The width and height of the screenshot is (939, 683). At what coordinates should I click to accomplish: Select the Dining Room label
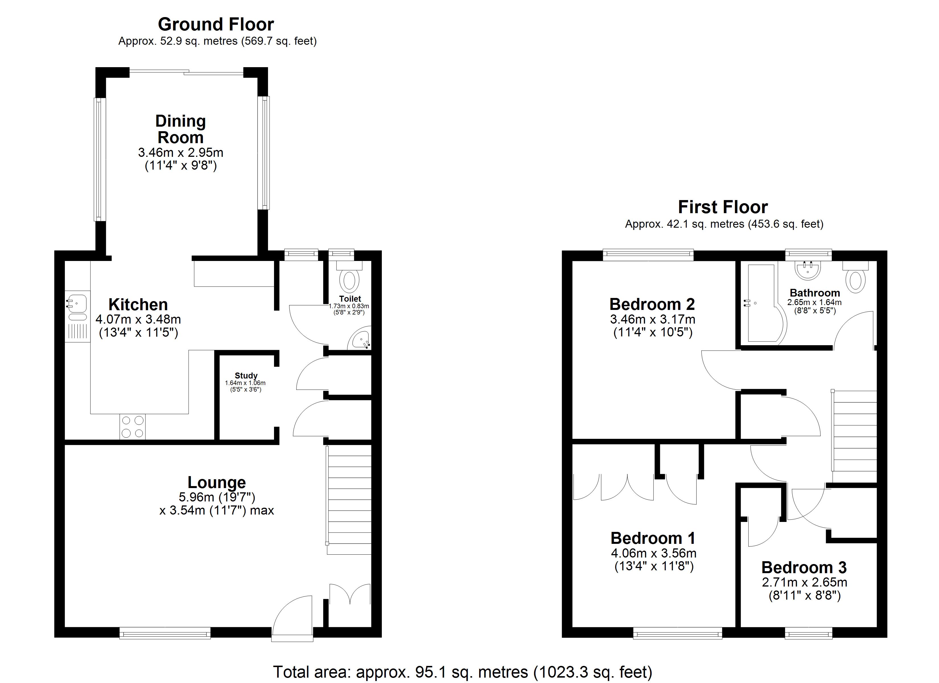(x=180, y=129)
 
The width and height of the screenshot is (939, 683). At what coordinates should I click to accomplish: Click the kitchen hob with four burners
(x=133, y=427)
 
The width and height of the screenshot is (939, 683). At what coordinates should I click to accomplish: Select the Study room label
(x=246, y=376)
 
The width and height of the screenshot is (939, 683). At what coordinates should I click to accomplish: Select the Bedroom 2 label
(x=652, y=305)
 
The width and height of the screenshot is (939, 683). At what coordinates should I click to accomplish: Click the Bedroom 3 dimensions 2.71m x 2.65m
(x=804, y=582)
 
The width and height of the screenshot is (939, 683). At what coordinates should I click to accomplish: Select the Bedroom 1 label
(x=653, y=538)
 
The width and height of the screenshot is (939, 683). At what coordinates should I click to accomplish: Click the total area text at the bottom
(x=462, y=672)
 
